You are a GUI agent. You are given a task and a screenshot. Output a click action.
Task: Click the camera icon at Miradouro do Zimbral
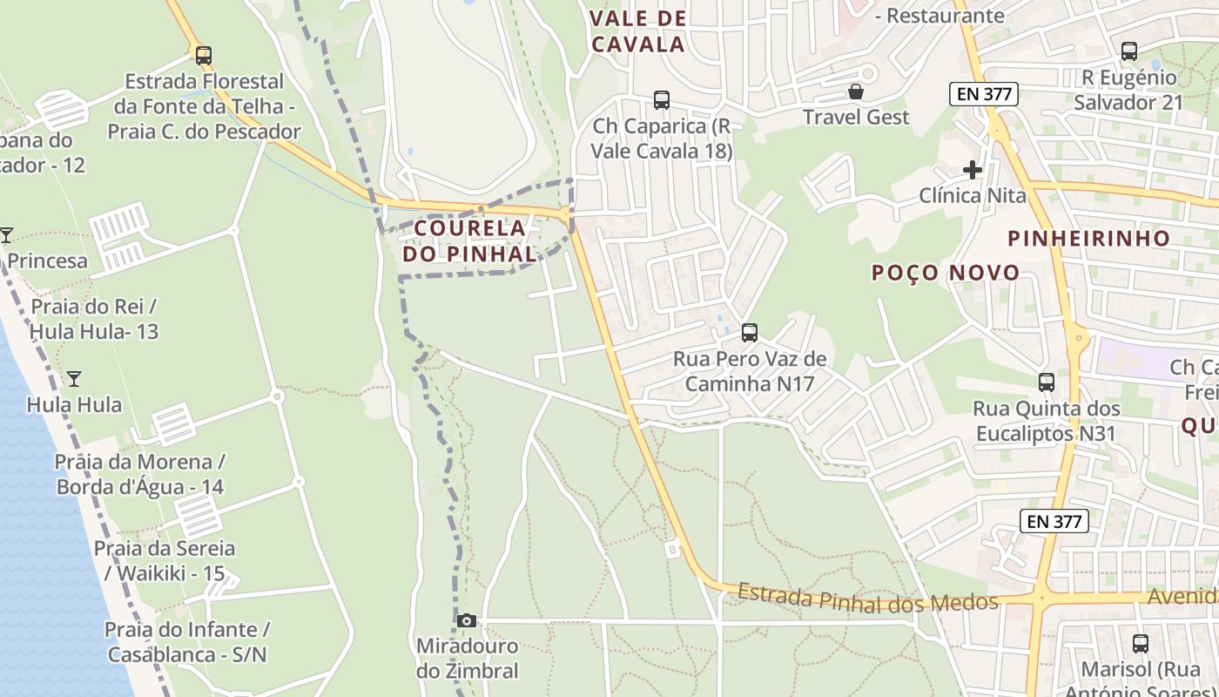point(467,620)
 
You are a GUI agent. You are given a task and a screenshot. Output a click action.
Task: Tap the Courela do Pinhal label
point(470,240)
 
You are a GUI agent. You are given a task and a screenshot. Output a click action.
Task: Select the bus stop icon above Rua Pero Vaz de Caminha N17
point(749,332)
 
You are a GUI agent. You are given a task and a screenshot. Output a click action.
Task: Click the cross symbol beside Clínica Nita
point(973,170)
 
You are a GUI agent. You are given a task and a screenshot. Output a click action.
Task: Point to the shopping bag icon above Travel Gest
point(856,91)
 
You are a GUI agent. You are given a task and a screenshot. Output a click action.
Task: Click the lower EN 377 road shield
point(1054,521)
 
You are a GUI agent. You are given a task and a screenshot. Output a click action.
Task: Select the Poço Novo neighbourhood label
point(946,273)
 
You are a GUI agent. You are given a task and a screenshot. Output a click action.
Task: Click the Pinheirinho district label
point(1088,238)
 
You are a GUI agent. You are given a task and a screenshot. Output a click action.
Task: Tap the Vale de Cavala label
point(638,31)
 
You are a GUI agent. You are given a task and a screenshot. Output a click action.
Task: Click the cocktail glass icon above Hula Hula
point(74,378)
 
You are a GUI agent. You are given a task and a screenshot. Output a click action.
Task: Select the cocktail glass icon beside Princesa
point(6,235)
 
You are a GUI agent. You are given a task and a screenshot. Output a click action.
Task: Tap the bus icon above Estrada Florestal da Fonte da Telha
point(203,55)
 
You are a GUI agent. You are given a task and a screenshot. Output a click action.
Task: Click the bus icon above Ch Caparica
point(662,100)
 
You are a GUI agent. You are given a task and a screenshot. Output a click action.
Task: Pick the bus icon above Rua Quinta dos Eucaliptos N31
point(1047,382)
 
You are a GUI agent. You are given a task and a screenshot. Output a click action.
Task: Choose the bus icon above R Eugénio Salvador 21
point(1129,51)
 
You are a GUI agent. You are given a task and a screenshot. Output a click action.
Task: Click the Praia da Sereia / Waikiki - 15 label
point(165,561)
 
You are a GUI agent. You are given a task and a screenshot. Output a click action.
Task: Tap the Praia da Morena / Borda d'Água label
point(139,474)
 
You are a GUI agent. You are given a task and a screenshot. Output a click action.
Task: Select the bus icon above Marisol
point(1140,644)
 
